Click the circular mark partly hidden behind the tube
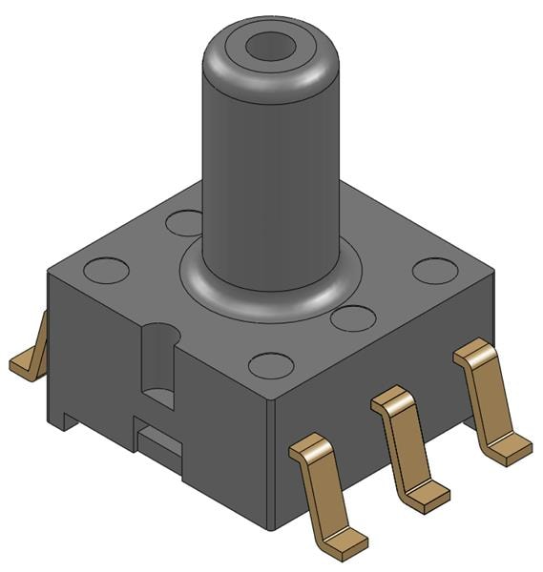tap(182, 223)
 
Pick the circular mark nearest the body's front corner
tap(271, 365)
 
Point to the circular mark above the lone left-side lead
tap(106, 270)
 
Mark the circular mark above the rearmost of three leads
tap(435, 270)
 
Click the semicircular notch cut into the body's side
tap(158, 362)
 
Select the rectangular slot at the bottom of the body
tap(158, 441)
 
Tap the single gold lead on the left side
tap(31, 353)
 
